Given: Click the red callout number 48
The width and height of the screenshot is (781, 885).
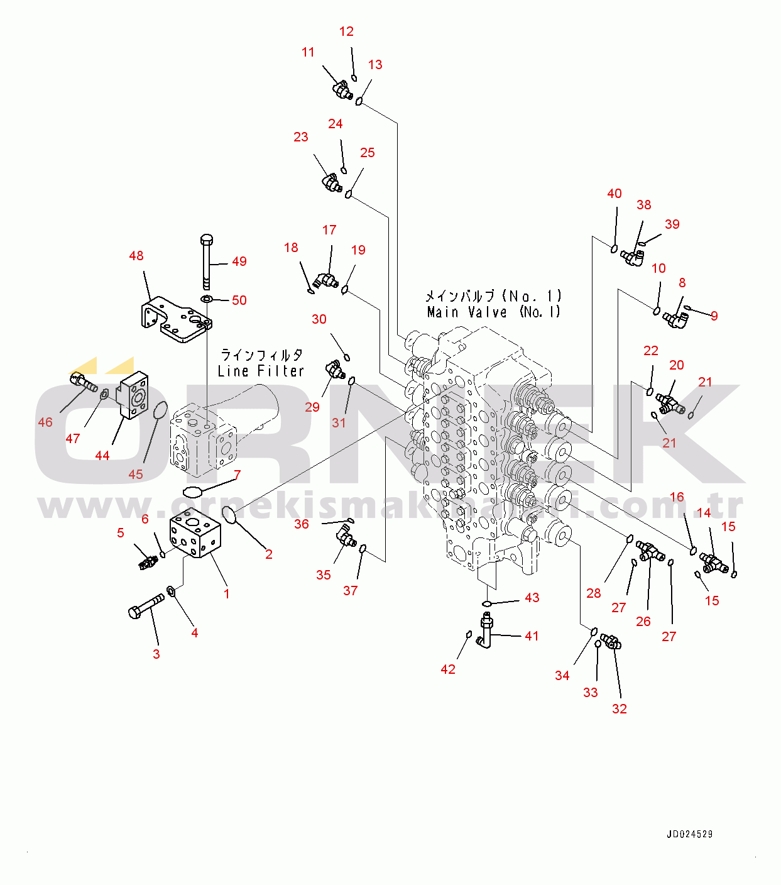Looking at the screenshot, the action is pyautogui.click(x=136, y=256).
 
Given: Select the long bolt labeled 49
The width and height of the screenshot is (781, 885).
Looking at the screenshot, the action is pyautogui.click(x=207, y=262).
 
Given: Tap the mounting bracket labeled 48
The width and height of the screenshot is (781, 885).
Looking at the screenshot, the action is pyautogui.click(x=176, y=319).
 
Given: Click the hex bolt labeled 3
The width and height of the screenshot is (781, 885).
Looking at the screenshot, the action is pyautogui.click(x=146, y=606).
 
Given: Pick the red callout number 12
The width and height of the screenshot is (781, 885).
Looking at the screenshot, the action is pyautogui.click(x=346, y=31).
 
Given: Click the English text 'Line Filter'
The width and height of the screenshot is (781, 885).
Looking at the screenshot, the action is pyautogui.click(x=261, y=371).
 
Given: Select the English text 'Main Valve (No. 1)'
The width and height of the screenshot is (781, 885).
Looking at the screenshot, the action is pyautogui.click(x=494, y=312).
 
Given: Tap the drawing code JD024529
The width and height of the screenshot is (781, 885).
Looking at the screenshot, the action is pyautogui.click(x=689, y=834).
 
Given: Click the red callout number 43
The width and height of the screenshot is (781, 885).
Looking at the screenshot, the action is pyautogui.click(x=532, y=597).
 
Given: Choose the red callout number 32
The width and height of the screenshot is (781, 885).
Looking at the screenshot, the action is pyautogui.click(x=619, y=708).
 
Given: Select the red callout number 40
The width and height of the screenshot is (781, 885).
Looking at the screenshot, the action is pyautogui.click(x=614, y=194).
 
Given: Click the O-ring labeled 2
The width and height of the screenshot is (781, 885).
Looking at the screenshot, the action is pyautogui.click(x=229, y=514).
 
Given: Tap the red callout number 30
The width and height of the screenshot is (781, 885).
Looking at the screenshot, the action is pyautogui.click(x=319, y=319).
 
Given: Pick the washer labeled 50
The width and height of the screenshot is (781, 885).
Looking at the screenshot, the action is pyautogui.click(x=207, y=299).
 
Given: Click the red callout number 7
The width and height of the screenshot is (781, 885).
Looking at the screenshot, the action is pyautogui.click(x=237, y=475).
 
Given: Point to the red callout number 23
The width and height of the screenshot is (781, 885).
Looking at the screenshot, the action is pyautogui.click(x=300, y=137).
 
